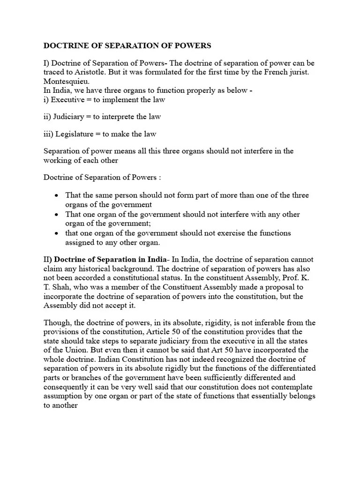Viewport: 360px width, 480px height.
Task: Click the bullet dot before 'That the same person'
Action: click(56, 195)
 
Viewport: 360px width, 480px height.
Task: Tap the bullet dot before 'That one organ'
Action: click(56, 214)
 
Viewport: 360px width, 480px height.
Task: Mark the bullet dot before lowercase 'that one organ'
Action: click(56, 233)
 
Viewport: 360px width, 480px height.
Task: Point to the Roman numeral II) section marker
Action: click(48, 260)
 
